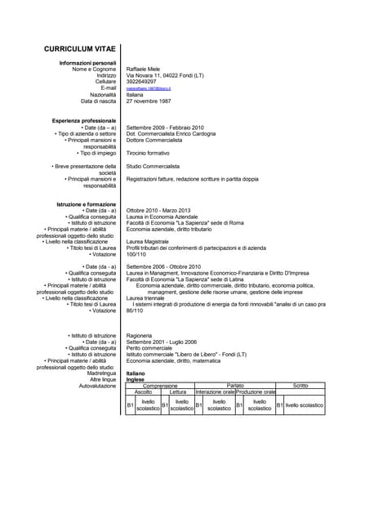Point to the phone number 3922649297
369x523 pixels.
pos(144,82)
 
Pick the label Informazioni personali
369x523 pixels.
pos(88,62)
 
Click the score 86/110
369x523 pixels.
pos(135,311)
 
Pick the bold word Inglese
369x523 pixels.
pos(136,379)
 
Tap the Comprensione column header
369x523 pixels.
pos(160,386)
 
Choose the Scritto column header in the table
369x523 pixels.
pos(300,386)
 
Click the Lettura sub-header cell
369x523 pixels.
pos(178,392)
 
